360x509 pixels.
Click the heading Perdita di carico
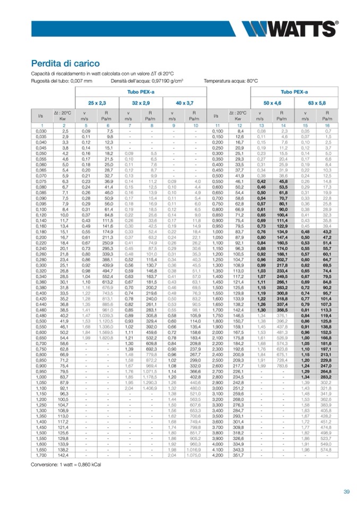(x=65, y=63)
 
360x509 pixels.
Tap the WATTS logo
(x=289, y=28)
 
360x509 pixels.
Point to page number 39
(x=346, y=492)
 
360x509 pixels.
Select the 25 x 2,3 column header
(x=98, y=102)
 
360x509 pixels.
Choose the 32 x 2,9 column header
(x=142, y=102)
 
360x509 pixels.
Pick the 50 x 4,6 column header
(x=272, y=102)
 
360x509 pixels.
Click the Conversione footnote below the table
(x=66, y=464)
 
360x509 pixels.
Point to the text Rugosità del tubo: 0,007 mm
(x=62, y=81)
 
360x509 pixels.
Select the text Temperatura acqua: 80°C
(x=231, y=81)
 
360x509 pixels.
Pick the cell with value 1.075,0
(x=193, y=454)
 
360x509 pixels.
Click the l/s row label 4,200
(x=217, y=454)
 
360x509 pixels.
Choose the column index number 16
(x=328, y=125)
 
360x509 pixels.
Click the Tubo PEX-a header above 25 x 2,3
(x=140, y=92)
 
